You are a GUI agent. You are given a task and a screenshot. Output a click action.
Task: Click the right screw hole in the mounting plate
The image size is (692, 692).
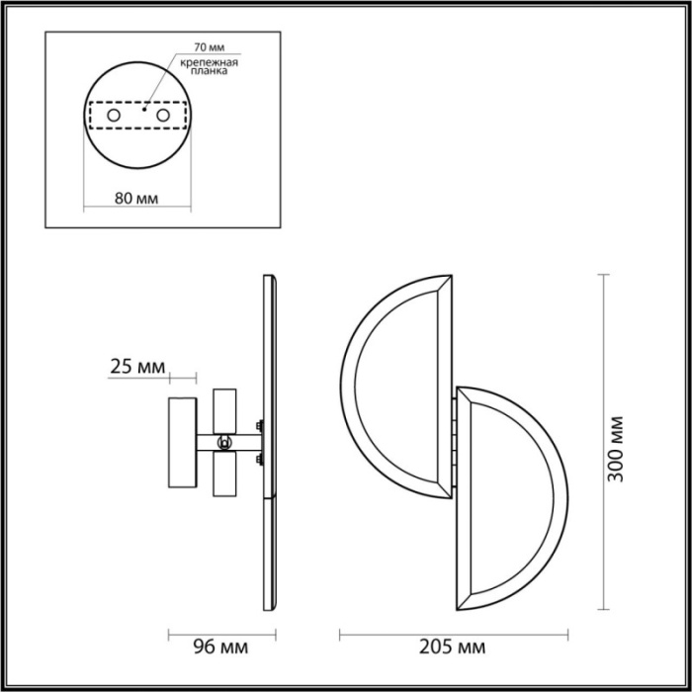(162, 118)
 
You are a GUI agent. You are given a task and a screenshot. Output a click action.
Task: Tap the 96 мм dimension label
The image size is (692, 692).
(218, 649)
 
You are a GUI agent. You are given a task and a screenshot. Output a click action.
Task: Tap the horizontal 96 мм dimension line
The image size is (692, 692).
(219, 631)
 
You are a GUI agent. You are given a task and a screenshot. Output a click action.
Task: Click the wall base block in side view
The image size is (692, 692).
(182, 443)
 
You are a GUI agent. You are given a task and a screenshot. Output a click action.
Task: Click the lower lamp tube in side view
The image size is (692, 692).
(224, 475)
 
